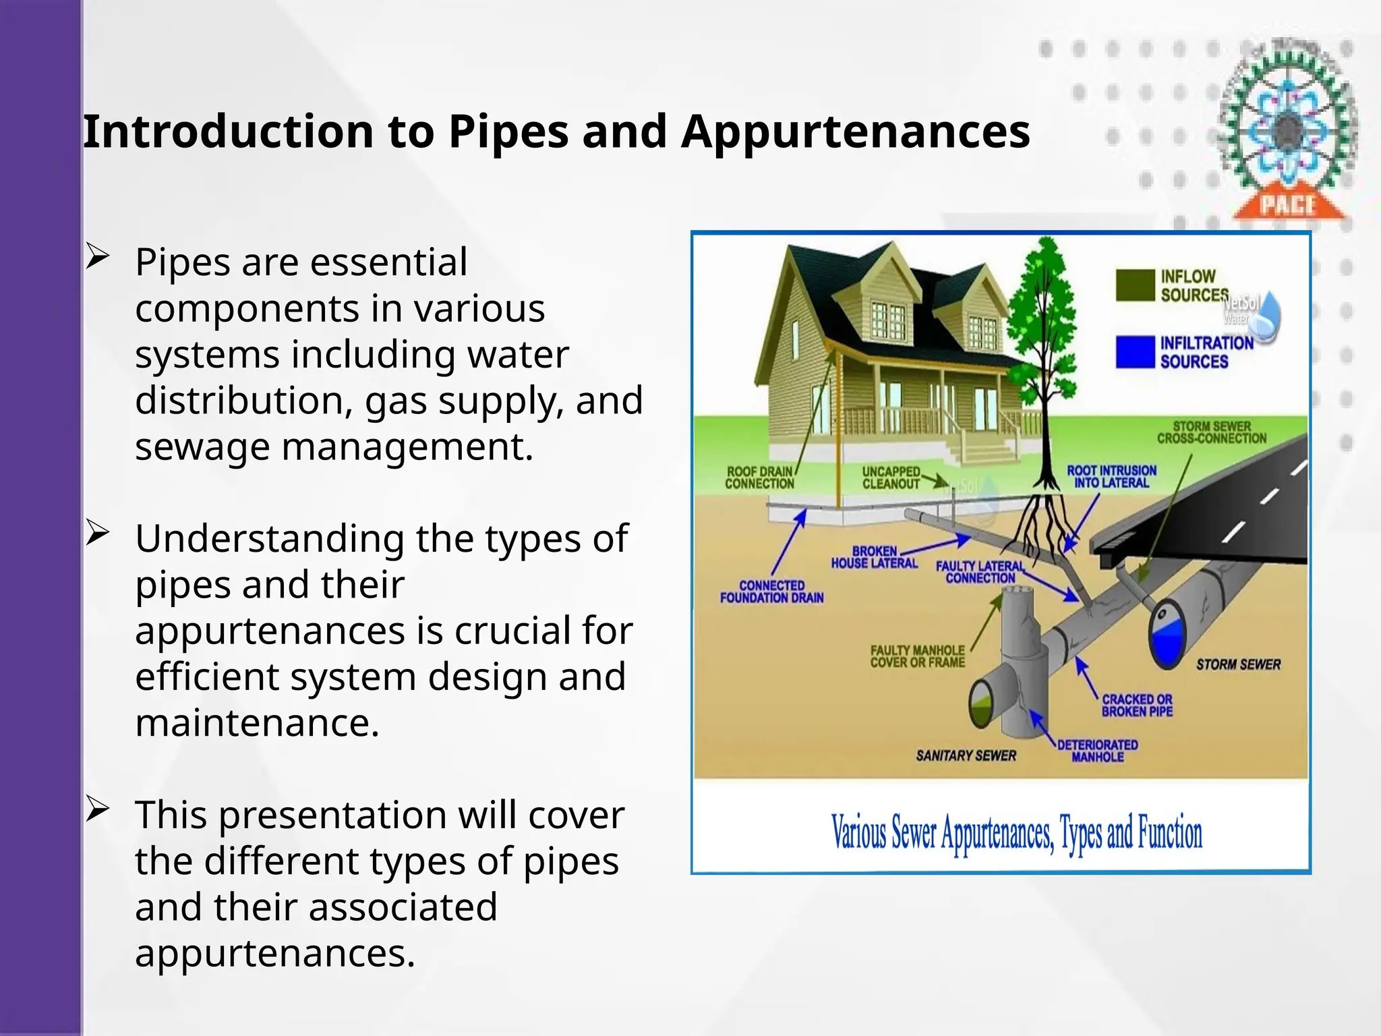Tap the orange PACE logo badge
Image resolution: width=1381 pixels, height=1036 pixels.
pyautogui.click(x=1287, y=203)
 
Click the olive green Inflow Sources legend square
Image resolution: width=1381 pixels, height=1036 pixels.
pyautogui.click(x=1135, y=285)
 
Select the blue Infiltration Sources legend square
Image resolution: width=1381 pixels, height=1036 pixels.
pyautogui.click(x=1135, y=351)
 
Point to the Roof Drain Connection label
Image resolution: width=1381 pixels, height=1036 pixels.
pyautogui.click(x=760, y=478)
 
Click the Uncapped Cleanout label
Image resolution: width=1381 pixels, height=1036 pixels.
pyautogui.click(x=891, y=478)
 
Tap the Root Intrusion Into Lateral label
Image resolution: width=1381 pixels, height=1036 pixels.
pyautogui.click(x=1111, y=477)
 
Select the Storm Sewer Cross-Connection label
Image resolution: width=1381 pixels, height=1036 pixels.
pyautogui.click(x=1212, y=432)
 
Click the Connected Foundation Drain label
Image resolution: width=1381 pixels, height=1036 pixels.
pyautogui.click(x=771, y=592)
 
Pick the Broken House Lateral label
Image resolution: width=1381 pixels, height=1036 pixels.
pyautogui.click(x=874, y=557)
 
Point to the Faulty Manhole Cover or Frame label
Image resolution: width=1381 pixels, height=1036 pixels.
pyautogui.click(x=917, y=656)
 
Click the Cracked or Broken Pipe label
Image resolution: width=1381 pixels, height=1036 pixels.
pyautogui.click(x=1137, y=706)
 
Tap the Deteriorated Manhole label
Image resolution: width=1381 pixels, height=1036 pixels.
pyautogui.click(x=1097, y=751)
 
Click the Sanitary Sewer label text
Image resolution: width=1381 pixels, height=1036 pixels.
pyautogui.click(x=966, y=755)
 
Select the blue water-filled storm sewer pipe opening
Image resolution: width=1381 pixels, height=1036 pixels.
pyautogui.click(x=1167, y=637)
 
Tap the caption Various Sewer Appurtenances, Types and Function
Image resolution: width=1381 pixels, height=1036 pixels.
pyautogui.click(x=1016, y=833)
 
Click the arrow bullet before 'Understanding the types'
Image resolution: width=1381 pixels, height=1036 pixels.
pyautogui.click(x=97, y=534)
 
